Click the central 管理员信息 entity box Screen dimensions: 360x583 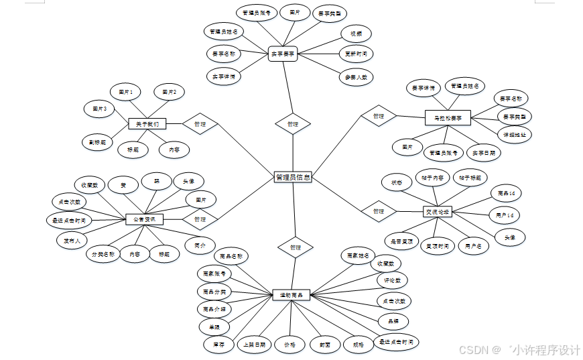click(293, 178)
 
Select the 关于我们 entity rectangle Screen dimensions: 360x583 click(146, 124)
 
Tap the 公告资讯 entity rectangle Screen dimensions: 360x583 click(143, 219)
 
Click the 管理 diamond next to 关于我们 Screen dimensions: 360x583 click(200, 124)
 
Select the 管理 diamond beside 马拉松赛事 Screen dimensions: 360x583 click(379, 116)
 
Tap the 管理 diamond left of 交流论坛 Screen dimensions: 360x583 click(379, 211)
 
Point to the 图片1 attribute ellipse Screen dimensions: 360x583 click(126, 91)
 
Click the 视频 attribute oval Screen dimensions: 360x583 click(356, 33)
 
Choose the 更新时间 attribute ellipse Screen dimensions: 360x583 click(355, 54)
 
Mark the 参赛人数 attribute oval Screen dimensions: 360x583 click(355, 77)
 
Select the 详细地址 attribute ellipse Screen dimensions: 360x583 click(514, 134)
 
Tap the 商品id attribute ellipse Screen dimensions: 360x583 click(506, 193)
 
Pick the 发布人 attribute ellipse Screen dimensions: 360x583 click(72, 240)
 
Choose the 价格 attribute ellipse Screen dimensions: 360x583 click(289, 345)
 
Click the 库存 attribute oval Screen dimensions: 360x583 click(218, 345)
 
